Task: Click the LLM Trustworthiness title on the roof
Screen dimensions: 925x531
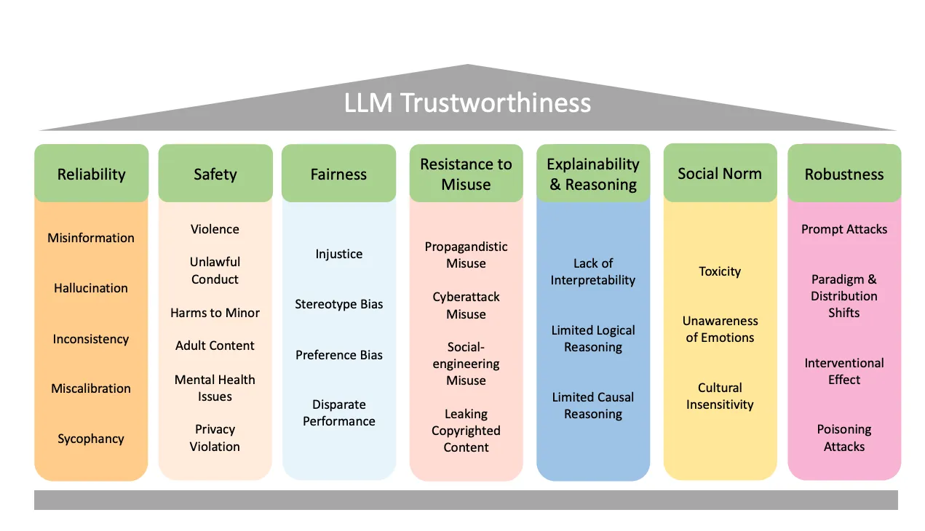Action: click(467, 103)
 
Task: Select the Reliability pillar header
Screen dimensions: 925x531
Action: click(91, 173)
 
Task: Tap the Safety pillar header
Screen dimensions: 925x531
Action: click(215, 173)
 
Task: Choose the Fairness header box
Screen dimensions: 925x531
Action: click(338, 173)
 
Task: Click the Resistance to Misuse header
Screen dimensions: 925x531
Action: click(467, 173)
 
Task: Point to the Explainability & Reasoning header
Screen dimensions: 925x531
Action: click(593, 173)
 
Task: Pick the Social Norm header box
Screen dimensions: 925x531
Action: click(720, 172)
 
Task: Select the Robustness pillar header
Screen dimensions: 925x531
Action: click(844, 173)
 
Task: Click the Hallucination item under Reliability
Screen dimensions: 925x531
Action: click(91, 288)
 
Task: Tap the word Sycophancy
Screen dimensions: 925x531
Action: click(91, 439)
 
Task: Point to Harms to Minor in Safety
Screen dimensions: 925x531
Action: click(215, 313)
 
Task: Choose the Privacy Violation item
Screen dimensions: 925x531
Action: click(215, 438)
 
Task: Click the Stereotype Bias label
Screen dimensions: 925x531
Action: click(338, 305)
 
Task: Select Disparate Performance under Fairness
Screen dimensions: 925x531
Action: click(338, 412)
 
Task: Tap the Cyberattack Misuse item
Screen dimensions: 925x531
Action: click(467, 306)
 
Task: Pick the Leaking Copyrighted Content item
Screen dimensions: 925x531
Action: click(467, 431)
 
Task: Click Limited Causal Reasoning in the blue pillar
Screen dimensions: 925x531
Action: click(593, 406)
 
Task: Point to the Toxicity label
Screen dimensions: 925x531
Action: click(720, 271)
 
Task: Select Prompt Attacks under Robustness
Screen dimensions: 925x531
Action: click(844, 229)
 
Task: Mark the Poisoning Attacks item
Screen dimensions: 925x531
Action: click(844, 438)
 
